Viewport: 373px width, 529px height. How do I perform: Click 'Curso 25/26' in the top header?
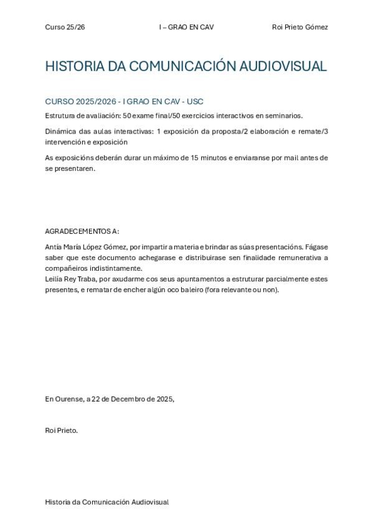[65, 27]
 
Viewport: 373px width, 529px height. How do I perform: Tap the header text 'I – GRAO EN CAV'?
[187, 27]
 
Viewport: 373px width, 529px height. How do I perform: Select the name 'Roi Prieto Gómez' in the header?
[300, 27]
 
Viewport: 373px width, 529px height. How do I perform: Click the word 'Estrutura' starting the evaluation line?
[60, 115]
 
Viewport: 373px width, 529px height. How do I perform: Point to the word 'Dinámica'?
[60, 131]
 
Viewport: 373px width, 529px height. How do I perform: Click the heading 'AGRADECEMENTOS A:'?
[82, 231]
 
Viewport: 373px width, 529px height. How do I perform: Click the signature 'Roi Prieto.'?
[62, 430]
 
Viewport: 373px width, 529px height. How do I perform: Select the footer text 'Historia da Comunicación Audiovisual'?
[106, 502]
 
